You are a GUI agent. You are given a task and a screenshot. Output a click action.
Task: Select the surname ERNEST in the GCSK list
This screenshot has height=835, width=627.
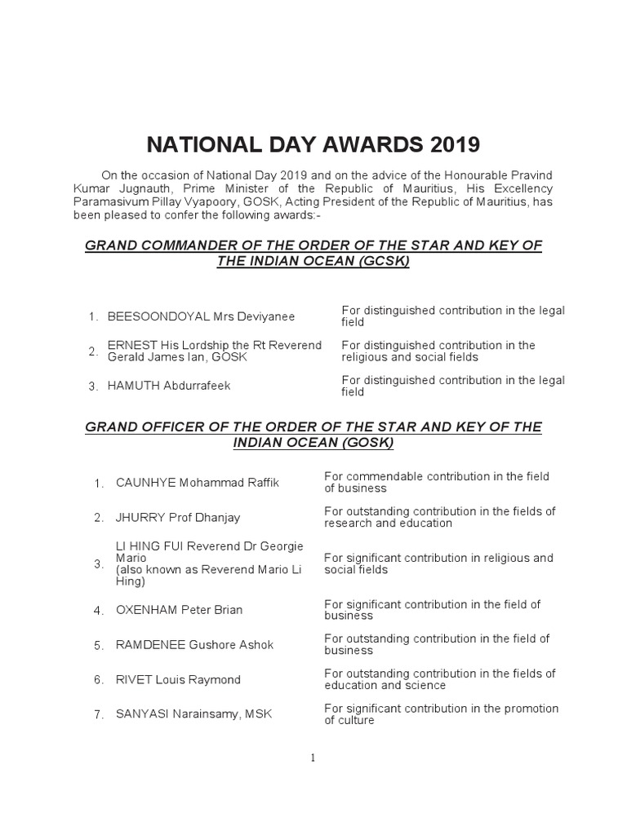coord(132,346)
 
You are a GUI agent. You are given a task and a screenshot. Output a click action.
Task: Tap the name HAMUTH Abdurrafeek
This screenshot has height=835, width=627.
coord(169,386)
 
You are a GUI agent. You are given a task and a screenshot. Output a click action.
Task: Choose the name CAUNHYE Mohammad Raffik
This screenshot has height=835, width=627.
coord(198,483)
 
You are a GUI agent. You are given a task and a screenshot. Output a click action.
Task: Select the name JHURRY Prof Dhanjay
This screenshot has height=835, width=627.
coord(178,518)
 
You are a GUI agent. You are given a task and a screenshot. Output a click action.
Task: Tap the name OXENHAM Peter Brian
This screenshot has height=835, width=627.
coord(180,610)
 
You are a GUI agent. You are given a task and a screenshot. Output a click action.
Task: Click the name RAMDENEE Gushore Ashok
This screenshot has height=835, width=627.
coord(195,645)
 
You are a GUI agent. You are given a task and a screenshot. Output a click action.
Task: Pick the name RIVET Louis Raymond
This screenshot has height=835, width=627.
coord(179,680)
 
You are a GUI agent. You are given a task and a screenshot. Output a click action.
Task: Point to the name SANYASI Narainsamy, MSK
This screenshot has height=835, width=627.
coord(194,714)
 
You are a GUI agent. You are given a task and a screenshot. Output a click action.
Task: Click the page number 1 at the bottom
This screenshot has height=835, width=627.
coord(313,758)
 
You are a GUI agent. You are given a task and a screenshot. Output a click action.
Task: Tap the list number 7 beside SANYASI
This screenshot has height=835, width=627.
coord(98,715)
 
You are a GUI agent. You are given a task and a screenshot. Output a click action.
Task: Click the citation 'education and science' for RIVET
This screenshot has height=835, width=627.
coord(385,686)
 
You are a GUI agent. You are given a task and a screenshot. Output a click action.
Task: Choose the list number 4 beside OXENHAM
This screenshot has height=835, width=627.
coord(98,611)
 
